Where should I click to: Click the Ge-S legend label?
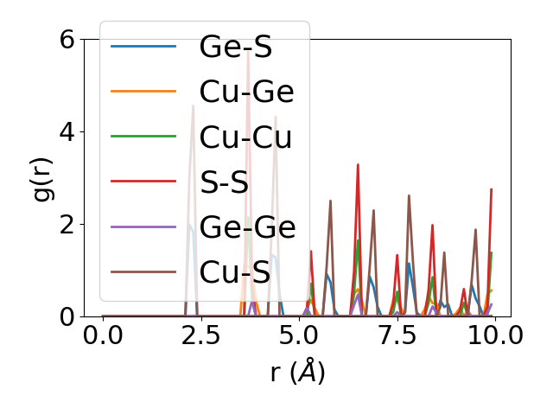(236, 47)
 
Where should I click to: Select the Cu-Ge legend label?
(246, 92)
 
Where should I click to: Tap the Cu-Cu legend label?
(246, 137)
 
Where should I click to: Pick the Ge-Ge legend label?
(247, 227)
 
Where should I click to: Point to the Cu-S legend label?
(235, 271)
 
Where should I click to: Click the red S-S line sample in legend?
(143, 182)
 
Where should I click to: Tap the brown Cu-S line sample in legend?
(143, 271)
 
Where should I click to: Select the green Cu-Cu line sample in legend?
(143, 137)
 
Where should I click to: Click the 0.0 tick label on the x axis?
(103, 335)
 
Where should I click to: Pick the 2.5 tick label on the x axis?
(200, 335)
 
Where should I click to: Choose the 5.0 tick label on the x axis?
(299, 335)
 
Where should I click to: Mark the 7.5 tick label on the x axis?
(397, 335)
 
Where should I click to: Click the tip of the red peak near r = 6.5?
(358, 164)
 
